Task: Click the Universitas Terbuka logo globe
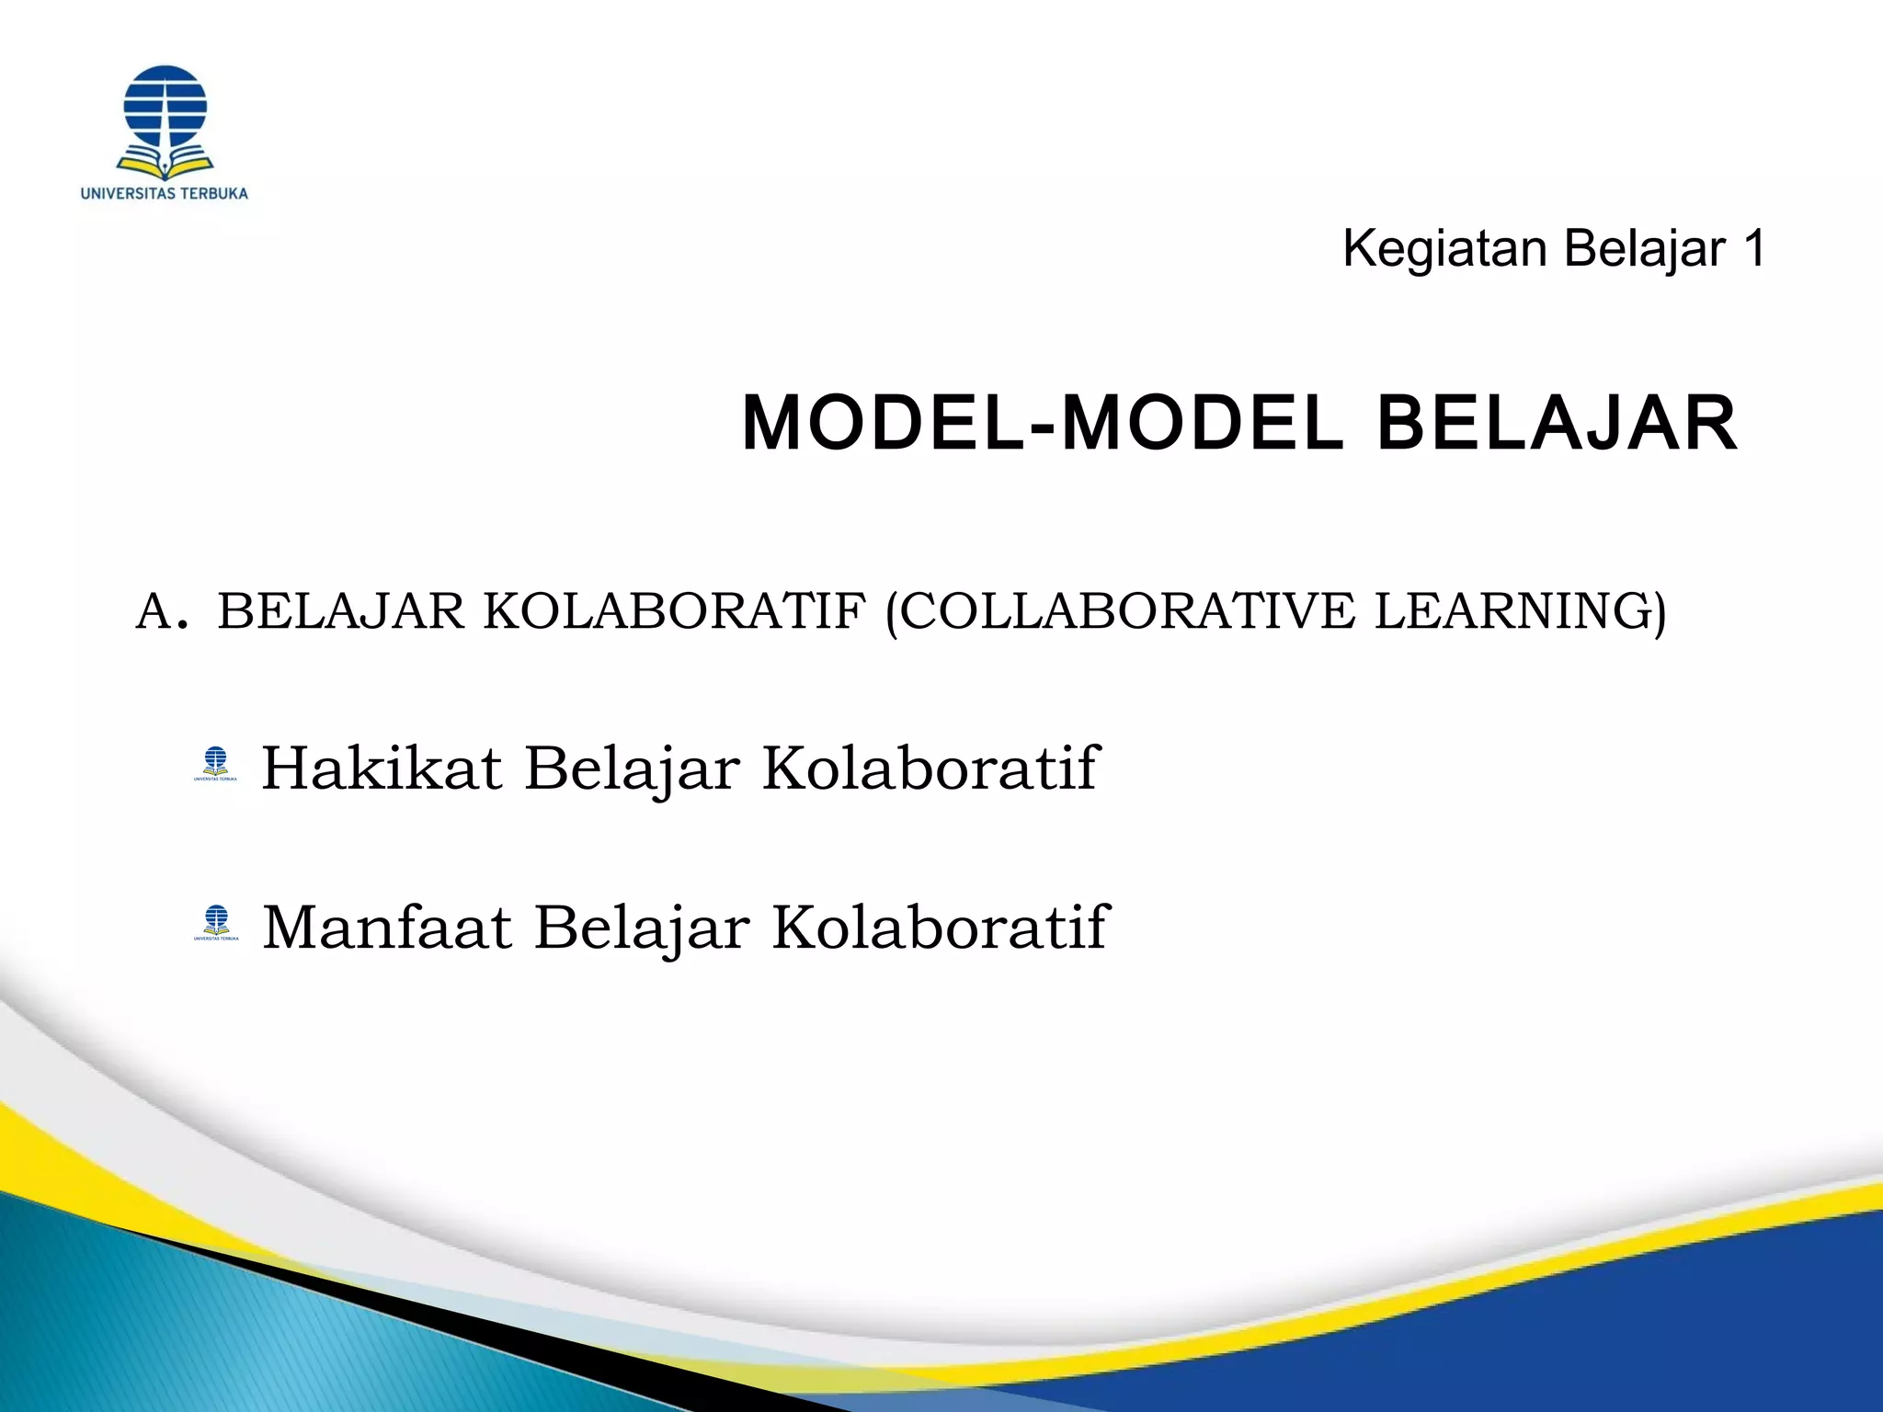[165, 106]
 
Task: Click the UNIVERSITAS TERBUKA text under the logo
[165, 194]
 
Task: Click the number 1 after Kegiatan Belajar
[1752, 249]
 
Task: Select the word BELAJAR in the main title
[1556, 424]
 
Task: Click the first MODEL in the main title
[884, 424]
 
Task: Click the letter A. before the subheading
[163, 611]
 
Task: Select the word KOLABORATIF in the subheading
[674, 611]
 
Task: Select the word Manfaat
[387, 927]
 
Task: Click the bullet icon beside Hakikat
[216, 763]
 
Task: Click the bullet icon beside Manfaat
[216, 922]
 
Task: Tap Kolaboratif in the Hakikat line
[930, 768]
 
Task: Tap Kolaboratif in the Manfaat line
[941, 927]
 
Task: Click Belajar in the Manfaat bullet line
[642, 928]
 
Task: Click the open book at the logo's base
[165, 166]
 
